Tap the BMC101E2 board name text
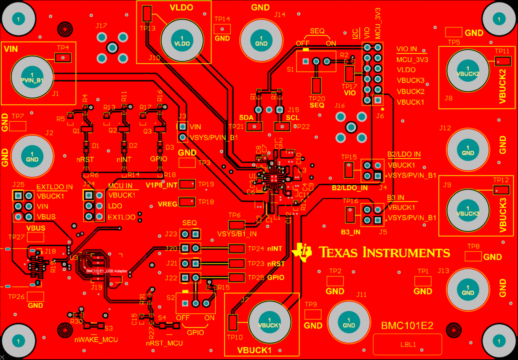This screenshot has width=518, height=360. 407,325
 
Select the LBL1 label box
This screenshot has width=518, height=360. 408,344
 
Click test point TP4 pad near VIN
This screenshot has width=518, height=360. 63,58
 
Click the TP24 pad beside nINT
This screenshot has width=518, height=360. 236,248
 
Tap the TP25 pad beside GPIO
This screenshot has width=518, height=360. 236,277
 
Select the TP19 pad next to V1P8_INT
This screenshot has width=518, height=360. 187,184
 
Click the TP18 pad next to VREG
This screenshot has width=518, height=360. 187,202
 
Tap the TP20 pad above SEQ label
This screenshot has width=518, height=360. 316,85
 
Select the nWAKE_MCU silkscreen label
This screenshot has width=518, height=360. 96,339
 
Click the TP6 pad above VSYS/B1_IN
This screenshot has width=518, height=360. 236,225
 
